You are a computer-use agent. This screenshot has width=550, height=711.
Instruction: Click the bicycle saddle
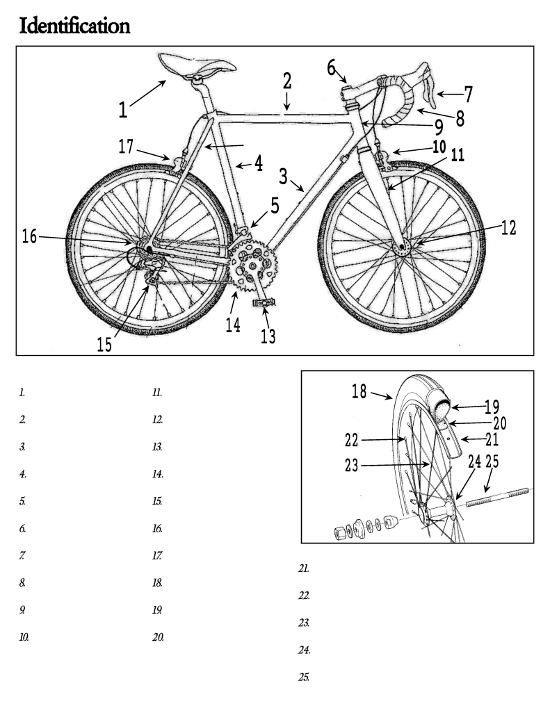pos(196,66)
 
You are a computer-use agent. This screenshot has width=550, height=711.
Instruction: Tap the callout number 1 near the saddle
pos(122,110)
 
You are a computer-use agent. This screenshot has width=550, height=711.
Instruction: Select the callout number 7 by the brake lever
pos(468,93)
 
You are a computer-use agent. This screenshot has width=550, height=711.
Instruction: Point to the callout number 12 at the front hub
pos(509,228)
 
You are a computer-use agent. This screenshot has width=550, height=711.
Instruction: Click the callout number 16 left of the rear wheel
pos(30,236)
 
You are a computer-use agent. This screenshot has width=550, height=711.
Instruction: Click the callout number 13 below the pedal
pos(268,336)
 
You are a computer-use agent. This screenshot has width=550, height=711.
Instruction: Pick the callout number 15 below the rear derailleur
pos(104,345)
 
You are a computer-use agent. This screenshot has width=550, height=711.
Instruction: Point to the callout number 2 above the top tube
pos(286,79)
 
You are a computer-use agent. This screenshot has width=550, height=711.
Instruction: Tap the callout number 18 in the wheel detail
pos(359,391)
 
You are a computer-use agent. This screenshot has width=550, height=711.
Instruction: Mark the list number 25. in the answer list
pos(303,676)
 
